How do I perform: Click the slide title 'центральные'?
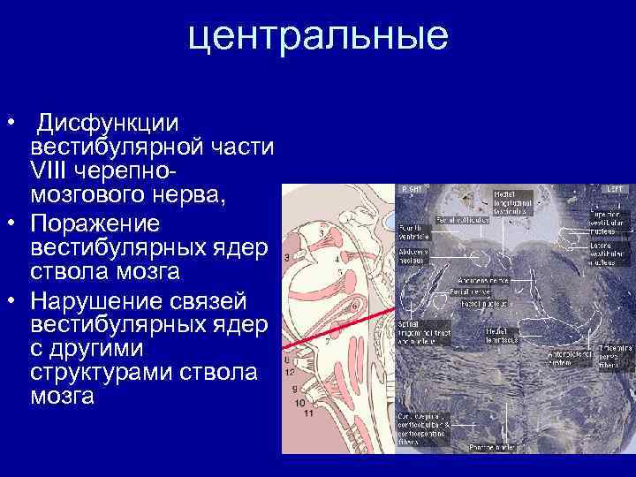(x=318, y=36)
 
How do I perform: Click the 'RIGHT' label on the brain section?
(x=411, y=189)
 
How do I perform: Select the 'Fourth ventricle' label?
(x=414, y=231)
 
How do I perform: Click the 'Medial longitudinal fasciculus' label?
(x=511, y=202)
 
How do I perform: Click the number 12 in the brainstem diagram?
(x=289, y=374)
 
